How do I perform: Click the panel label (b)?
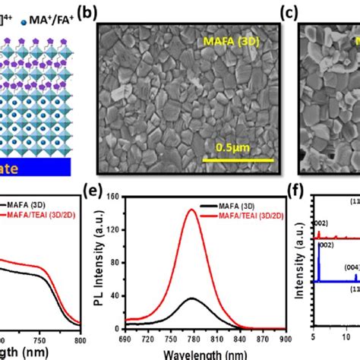point(110,14)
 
